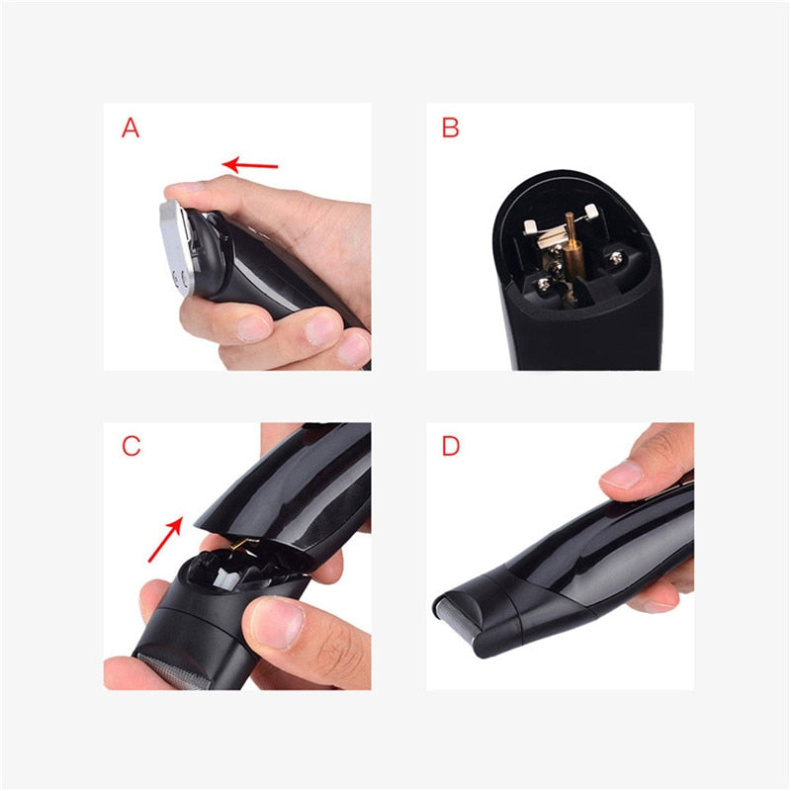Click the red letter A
click(131, 128)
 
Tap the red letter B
click(450, 128)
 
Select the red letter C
click(132, 446)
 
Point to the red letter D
click(451, 446)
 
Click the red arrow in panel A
click(250, 164)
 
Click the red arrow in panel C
click(165, 539)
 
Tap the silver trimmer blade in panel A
click(176, 248)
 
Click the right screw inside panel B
click(615, 258)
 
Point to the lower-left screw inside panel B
click(543, 285)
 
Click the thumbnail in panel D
click(623, 474)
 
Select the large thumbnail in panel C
click(277, 623)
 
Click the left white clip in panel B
click(530, 227)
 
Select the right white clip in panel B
click(590, 210)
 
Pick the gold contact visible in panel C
click(242, 543)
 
